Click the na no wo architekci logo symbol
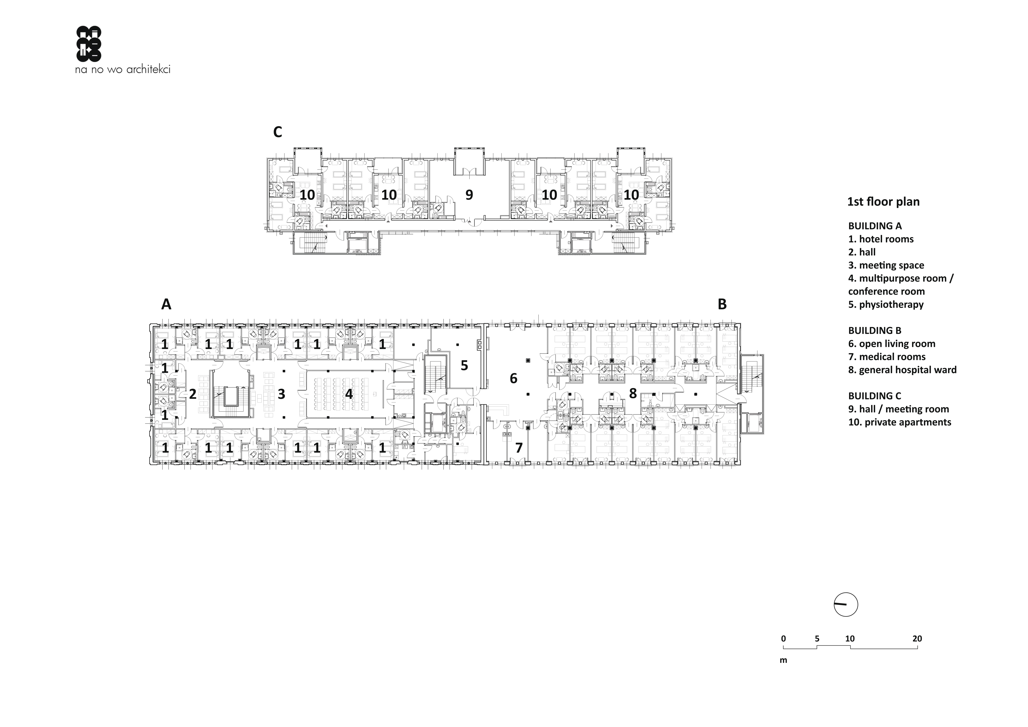[89, 43]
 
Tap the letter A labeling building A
[166, 304]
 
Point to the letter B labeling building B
[722, 304]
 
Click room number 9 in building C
[469, 195]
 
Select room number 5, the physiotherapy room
[464, 365]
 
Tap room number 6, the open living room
[514, 378]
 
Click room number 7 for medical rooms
[519, 448]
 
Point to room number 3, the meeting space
[281, 394]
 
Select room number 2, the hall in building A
[192, 394]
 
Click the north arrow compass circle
[846, 604]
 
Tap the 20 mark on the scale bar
[917, 639]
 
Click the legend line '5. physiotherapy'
[886, 304]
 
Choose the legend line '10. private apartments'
[899, 422]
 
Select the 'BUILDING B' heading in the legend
[874, 331]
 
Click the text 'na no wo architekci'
[123, 69]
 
